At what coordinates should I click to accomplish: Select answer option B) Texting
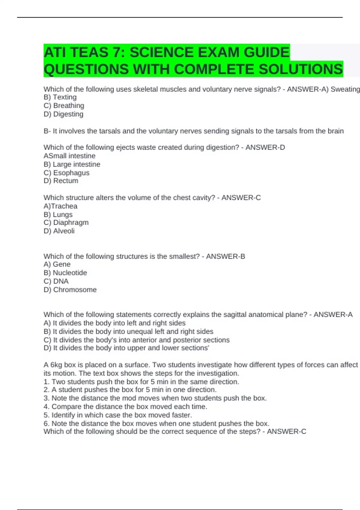pyautogui.click(x=60, y=97)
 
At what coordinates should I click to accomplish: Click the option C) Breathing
pyautogui.click(x=64, y=106)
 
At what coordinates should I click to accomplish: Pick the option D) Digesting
pyautogui.click(x=64, y=114)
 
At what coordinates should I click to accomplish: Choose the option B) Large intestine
pyautogui.click(x=72, y=164)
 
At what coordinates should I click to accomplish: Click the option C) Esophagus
pyautogui.click(x=67, y=173)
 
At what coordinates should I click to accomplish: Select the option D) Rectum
pyautogui.click(x=61, y=181)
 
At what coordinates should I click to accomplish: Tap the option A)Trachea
pyautogui.click(x=61, y=206)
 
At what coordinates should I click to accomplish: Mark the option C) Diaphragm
pyautogui.click(x=66, y=223)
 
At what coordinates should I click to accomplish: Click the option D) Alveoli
pyautogui.click(x=59, y=231)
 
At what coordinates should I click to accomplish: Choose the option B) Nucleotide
pyautogui.click(x=65, y=273)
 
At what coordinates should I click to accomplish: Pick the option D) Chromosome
pyautogui.click(x=70, y=290)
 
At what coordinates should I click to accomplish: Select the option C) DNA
pyautogui.click(x=56, y=281)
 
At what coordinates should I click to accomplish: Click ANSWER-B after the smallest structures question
pyautogui.click(x=225, y=256)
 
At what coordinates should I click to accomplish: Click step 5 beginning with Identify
pyautogui.click(x=118, y=415)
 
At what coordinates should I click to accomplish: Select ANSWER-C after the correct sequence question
pyautogui.click(x=286, y=432)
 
